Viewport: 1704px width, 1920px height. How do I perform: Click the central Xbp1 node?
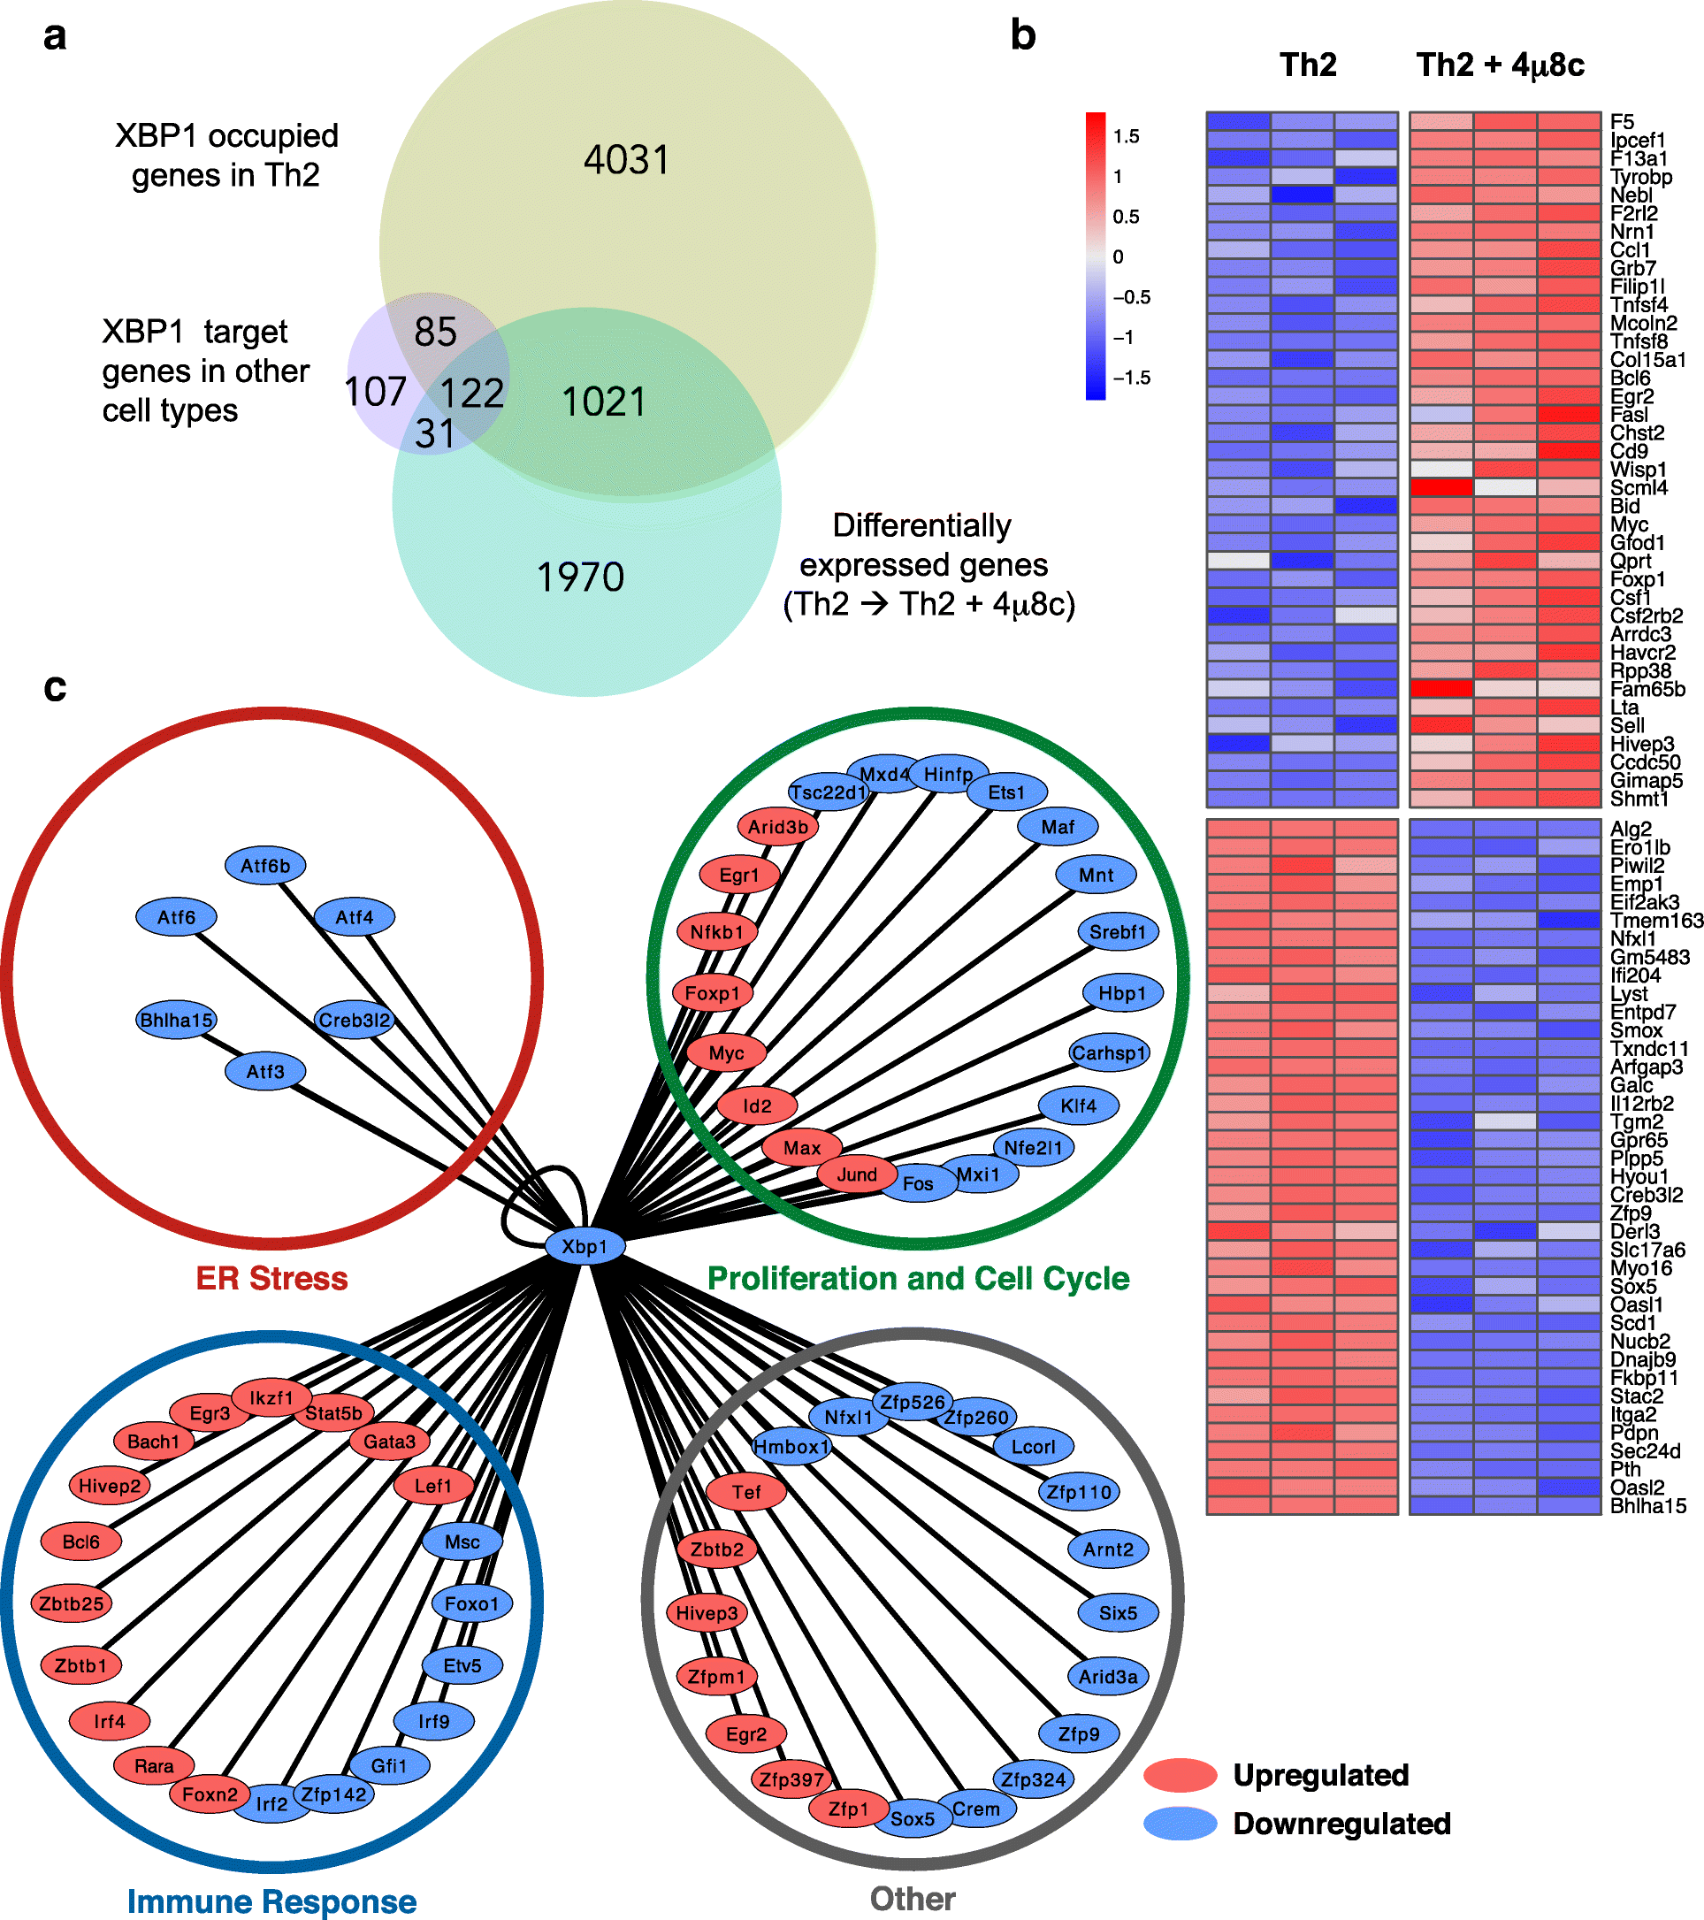tap(585, 1246)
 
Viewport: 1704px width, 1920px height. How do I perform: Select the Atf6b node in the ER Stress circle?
tap(266, 866)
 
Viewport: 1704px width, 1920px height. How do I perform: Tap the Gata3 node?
tap(389, 1441)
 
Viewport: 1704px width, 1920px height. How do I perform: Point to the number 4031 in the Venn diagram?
tap(627, 160)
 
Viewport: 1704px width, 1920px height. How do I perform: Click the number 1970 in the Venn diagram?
tap(579, 577)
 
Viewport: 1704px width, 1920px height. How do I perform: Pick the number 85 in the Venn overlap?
tap(435, 332)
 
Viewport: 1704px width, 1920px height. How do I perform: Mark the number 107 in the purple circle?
tap(375, 392)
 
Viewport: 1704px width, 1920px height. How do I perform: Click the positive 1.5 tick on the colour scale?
tap(1126, 137)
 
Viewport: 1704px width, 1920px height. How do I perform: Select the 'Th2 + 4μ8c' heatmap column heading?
tap(1499, 65)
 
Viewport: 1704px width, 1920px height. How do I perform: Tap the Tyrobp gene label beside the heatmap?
tap(1641, 177)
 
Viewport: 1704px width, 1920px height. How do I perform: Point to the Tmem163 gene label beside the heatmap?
tap(1656, 921)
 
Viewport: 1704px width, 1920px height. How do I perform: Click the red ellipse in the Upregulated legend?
tap(1181, 1774)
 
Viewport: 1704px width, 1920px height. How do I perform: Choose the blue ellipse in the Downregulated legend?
tap(1181, 1824)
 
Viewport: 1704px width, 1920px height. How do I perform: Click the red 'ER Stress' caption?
tap(271, 1279)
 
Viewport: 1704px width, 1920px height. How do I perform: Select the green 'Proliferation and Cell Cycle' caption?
tap(918, 1279)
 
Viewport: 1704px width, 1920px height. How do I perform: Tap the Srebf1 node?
tap(1117, 932)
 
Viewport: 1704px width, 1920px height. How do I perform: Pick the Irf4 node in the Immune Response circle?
tap(109, 1721)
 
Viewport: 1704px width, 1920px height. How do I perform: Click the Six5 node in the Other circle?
tap(1118, 1613)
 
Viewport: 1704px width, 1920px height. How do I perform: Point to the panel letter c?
tap(55, 687)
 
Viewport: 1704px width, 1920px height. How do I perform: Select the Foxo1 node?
tap(471, 1603)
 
